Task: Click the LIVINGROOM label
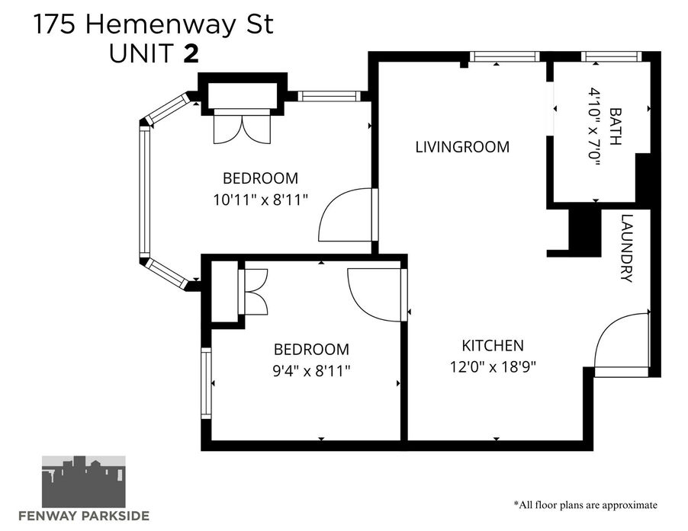pos(462,146)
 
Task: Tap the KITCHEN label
pos(493,346)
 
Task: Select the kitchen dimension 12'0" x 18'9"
pos(493,366)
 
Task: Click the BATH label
pos(616,126)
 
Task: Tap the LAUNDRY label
pos(627,248)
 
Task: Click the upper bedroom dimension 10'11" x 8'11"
pos(261,200)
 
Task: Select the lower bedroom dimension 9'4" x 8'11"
pos(311,371)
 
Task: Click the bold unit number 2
pos(191,53)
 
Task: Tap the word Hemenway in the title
pos(160,24)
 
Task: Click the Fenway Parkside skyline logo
pos(83,481)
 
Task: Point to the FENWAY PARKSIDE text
pos(83,516)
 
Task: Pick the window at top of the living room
pos(505,56)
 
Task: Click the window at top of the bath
pos(611,56)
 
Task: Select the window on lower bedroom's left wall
pos(206,383)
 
